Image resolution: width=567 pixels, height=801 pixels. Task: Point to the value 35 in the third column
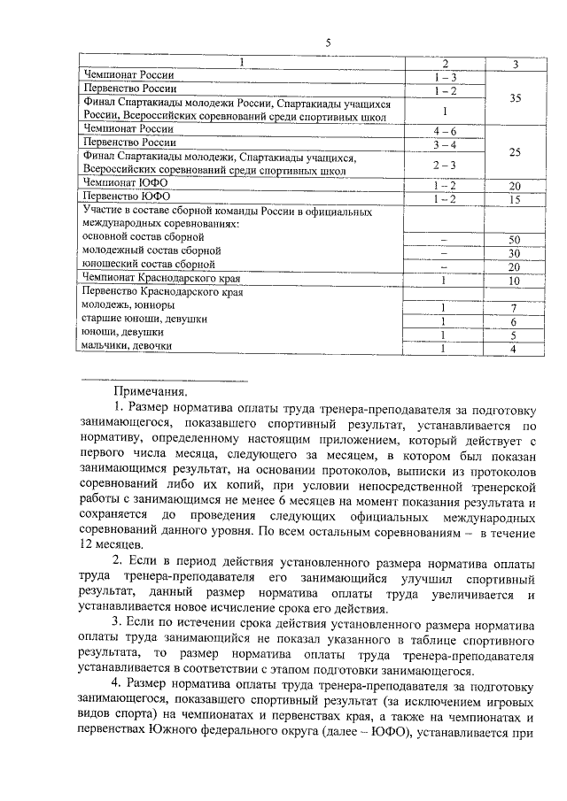pyautogui.click(x=515, y=100)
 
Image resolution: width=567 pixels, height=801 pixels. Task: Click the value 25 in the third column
pyautogui.click(x=515, y=152)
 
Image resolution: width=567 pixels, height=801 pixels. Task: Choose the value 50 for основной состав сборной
pyautogui.click(x=514, y=241)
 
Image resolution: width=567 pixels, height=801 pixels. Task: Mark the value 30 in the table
pyautogui.click(x=514, y=254)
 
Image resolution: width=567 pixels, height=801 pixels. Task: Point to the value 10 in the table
pyautogui.click(x=514, y=281)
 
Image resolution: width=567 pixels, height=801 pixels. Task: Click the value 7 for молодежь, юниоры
pyautogui.click(x=514, y=308)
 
